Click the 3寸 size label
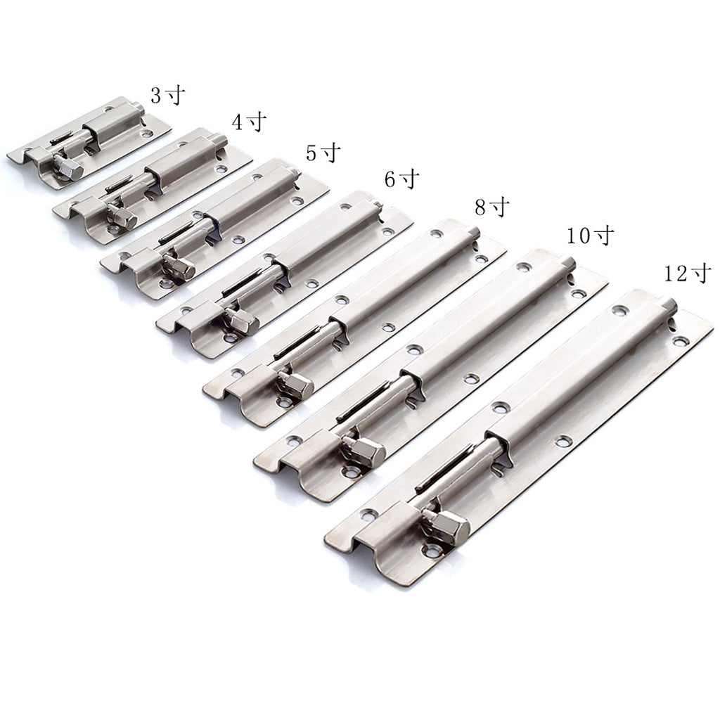coord(168,96)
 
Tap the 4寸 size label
coord(250,122)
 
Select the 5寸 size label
coord(323,153)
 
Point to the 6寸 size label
coord(402,179)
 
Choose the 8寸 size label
coord(492,207)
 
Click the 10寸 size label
coord(590,236)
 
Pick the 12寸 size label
coord(688,274)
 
